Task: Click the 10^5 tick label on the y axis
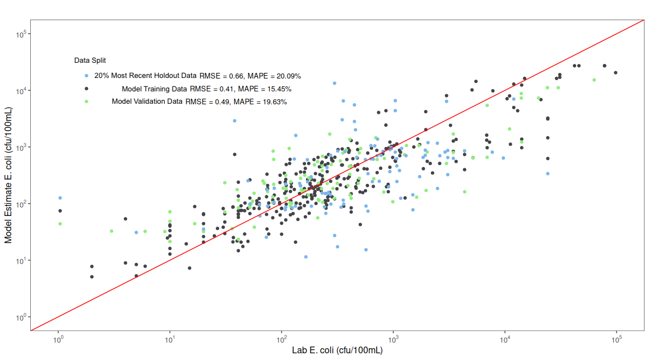point(22,35)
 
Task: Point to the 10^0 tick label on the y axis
point(22,317)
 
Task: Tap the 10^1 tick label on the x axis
point(170,339)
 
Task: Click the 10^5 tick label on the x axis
point(616,339)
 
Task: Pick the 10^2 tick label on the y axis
point(22,204)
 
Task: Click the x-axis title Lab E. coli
point(337,350)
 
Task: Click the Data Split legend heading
point(90,60)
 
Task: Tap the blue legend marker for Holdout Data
point(86,76)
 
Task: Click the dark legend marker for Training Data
point(86,89)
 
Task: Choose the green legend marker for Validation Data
point(86,101)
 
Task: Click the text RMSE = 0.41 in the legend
point(211,89)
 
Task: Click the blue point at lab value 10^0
point(60,198)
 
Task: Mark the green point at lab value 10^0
point(60,224)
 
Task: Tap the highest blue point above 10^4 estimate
point(335,83)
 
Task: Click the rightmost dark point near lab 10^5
point(615,72)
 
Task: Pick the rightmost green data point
point(594,80)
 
